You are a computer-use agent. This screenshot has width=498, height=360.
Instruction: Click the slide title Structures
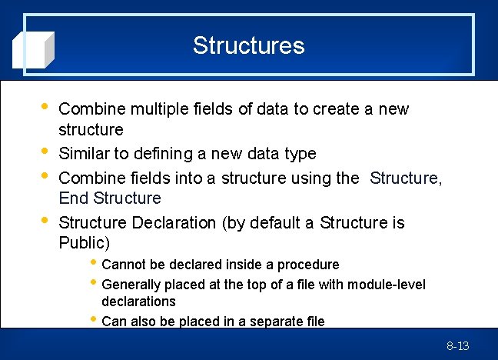pos(248,45)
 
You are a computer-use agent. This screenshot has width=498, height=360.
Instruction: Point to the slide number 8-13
pos(457,346)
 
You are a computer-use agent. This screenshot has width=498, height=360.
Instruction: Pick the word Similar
pos(85,154)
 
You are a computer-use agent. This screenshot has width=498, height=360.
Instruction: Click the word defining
pos(157,154)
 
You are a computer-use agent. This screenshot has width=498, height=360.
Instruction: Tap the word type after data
pos(299,154)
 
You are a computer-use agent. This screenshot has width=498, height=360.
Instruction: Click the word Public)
pos(85,244)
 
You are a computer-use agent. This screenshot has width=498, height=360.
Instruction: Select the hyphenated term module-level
pos(386,285)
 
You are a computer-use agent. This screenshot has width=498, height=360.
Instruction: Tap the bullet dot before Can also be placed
pos(93,319)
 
